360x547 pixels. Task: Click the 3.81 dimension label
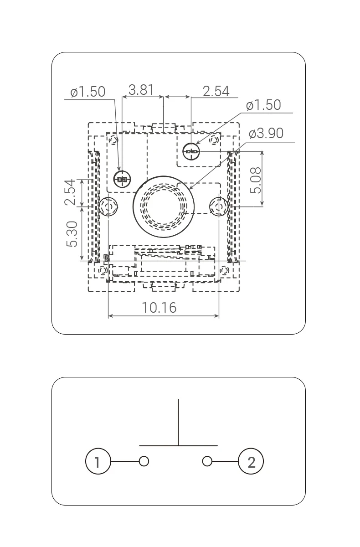[x=141, y=90]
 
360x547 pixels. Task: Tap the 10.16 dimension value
[x=159, y=307]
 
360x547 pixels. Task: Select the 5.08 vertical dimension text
[x=256, y=181]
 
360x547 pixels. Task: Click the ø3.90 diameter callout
[x=266, y=133]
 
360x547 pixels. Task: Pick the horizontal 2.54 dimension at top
[x=216, y=91]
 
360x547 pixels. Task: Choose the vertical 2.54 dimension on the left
[x=70, y=192]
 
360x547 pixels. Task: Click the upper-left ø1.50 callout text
[x=87, y=92]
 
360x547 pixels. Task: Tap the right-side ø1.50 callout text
[x=263, y=105]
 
